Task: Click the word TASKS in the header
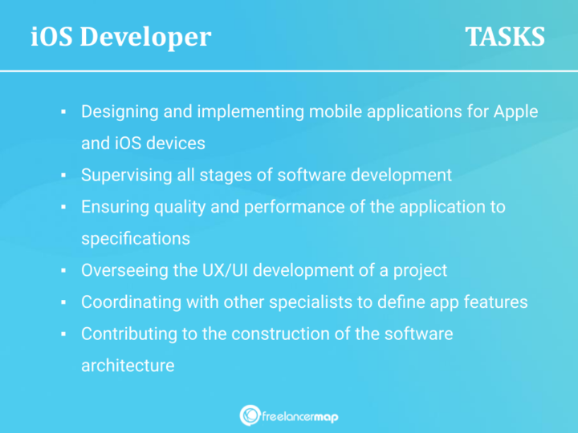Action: [x=505, y=37]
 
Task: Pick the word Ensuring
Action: [x=113, y=207]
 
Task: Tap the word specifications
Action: [x=136, y=238]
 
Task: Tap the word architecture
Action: [x=128, y=365]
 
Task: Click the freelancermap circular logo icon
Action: [x=249, y=415]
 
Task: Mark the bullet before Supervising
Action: [x=63, y=176]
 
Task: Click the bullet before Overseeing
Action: [x=63, y=271]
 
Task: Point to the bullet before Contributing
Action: [x=63, y=334]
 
